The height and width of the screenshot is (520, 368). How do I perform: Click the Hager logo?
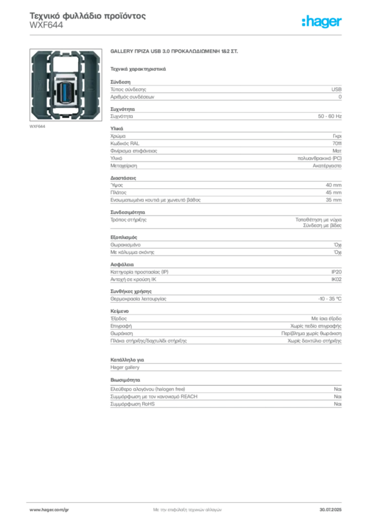point(322,22)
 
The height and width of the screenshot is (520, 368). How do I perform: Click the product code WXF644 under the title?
point(46,25)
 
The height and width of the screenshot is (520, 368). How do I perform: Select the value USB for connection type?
point(336,89)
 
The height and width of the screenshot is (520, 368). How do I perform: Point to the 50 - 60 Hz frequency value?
point(329,116)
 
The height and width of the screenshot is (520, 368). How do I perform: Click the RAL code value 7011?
point(337,144)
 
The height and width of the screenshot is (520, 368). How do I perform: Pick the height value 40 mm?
point(333,185)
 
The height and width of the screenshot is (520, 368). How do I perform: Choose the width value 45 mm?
point(333,192)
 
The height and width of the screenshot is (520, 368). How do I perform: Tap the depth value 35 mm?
point(333,200)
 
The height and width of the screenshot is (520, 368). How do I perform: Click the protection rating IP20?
point(336,272)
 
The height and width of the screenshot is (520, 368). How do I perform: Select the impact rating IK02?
point(336,280)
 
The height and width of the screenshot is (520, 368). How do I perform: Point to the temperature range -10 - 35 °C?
point(329,299)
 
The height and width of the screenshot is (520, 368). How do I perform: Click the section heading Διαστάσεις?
point(123,178)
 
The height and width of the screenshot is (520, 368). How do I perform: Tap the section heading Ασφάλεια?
point(122,265)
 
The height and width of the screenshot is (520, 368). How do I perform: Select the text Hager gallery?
point(125,368)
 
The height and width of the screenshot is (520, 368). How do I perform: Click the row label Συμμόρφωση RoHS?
point(132,404)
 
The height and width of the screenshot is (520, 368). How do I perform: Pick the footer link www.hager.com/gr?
point(49,510)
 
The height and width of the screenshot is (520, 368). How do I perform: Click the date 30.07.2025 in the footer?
point(330,510)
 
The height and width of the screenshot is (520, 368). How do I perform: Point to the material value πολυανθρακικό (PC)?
point(319,158)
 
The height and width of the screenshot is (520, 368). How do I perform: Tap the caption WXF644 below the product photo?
point(37,126)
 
